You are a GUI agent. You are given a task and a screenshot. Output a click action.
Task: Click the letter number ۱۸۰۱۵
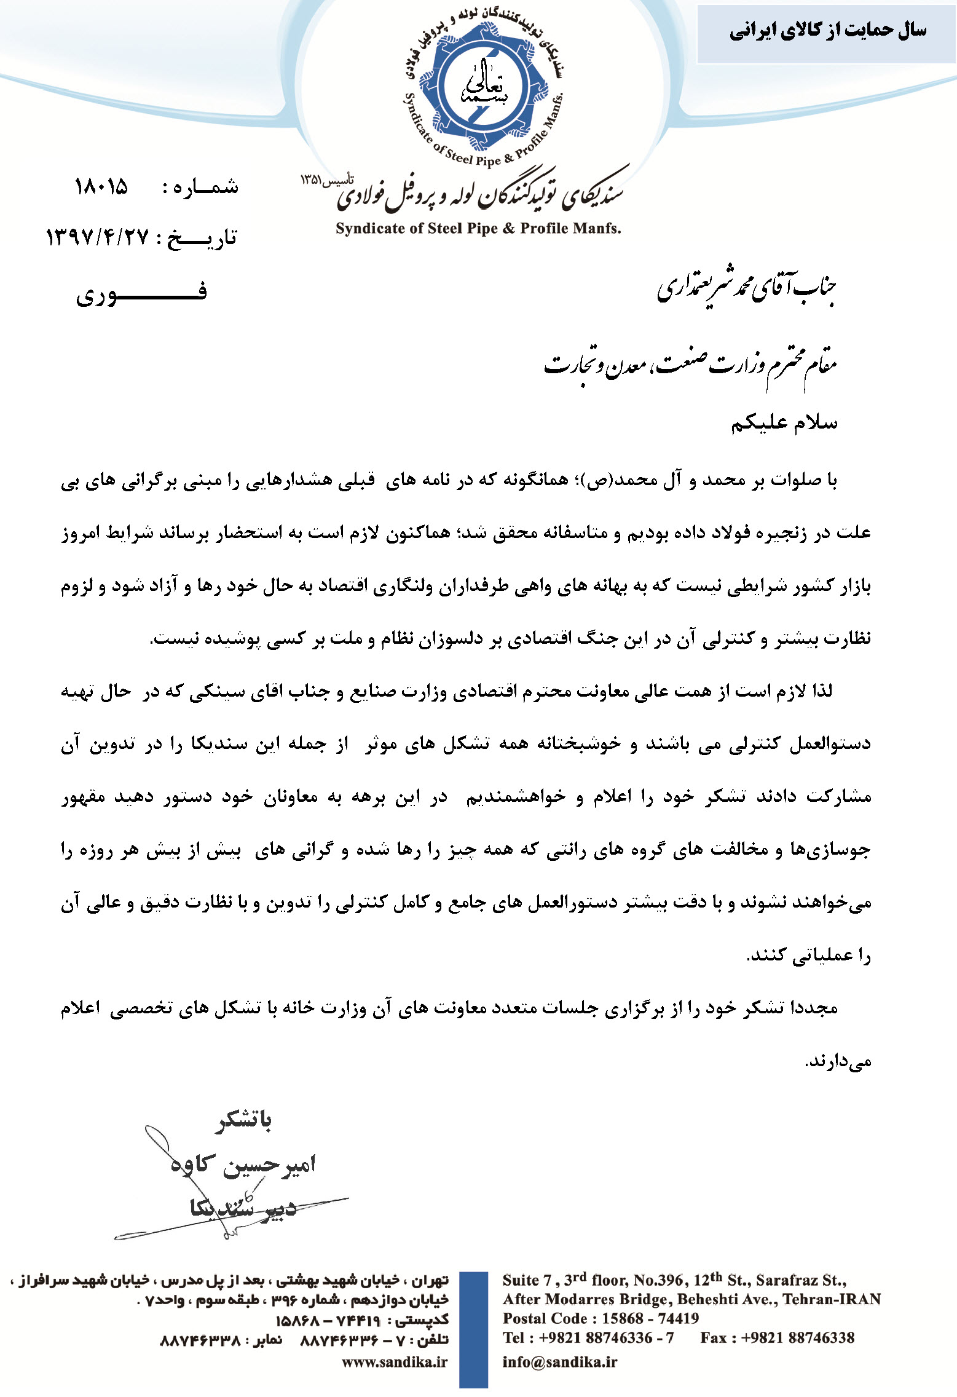101,186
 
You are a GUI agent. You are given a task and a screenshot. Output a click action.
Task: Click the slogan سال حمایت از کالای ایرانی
827,31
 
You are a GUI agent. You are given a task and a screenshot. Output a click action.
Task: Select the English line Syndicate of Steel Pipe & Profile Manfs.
478,229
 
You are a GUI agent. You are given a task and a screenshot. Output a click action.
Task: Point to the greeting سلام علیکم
784,423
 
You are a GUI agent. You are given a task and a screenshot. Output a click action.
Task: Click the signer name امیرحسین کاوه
243,1164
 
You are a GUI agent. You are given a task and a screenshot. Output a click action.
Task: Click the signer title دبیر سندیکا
243,1207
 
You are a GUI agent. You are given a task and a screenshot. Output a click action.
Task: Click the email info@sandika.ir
559,1362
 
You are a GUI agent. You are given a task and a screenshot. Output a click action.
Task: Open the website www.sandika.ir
395,1362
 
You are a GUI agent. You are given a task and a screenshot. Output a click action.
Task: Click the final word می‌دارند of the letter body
838,1061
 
